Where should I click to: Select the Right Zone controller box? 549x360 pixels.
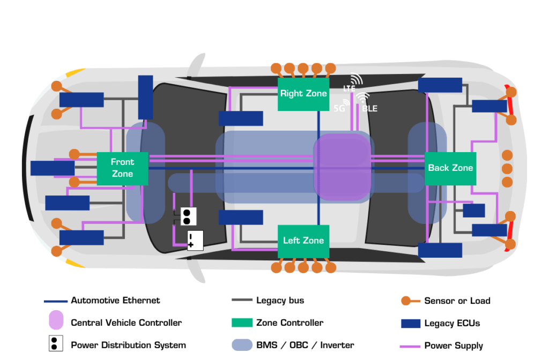pos(303,94)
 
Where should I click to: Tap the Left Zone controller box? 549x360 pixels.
pos(303,241)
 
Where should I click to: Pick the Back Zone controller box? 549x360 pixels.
pos(450,168)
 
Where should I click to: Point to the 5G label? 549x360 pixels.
pos(339,108)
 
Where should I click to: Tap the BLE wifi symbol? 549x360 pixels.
pos(363,98)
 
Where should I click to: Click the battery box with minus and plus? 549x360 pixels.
pos(195,241)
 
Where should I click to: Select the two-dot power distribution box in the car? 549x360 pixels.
pos(187,216)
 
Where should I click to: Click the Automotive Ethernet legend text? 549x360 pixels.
pos(115,301)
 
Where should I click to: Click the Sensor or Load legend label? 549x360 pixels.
pos(457,301)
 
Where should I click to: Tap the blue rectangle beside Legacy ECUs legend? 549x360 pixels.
pos(410,323)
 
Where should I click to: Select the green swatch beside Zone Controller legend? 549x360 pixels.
pos(242,323)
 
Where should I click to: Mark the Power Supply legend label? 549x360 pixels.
pos(454,346)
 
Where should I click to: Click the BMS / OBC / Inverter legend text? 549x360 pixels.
pos(305,346)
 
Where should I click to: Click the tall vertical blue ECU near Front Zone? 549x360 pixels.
pos(145,97)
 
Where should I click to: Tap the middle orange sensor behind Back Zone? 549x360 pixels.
pos(507,168)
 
